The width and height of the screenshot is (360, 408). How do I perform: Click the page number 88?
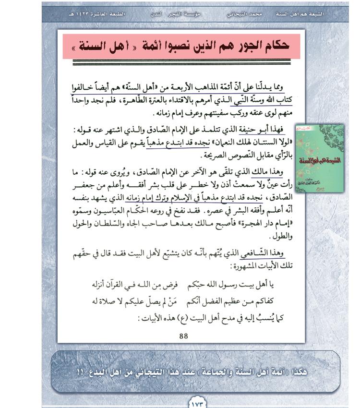click(x=183, y=336)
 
